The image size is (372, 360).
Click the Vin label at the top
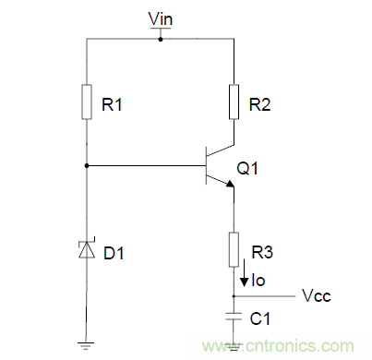pos(160,19)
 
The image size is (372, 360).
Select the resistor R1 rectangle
pos(86,103)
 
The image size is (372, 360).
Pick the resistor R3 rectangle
pos(234,248)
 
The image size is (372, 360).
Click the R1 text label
pos(112,106)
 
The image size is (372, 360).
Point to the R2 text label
pos(260,106)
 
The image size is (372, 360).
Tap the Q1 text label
pos(248,168)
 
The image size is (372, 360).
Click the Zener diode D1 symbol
pos(86,248)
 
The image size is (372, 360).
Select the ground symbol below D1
pos(86,345)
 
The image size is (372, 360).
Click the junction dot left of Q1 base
pos(86,165)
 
